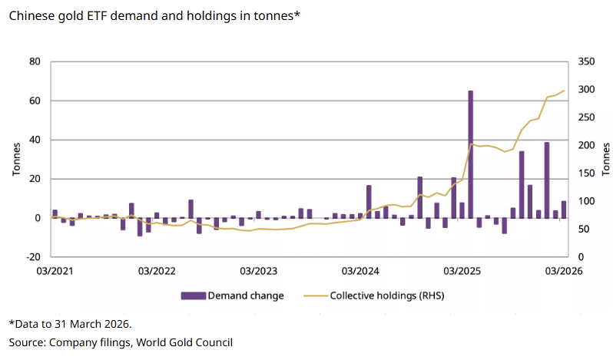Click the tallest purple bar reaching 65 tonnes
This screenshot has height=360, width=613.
(x=470, y=154)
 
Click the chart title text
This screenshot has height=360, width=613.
(x=154, y=16)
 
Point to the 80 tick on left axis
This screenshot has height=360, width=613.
(x=35, y=62)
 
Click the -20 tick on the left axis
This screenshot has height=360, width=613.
(x=33, y=257)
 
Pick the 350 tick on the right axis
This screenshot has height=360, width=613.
(x=585, y=62)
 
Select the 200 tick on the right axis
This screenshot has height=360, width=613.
(x=585, y=146)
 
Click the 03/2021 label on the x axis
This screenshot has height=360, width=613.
(x=52, y=271)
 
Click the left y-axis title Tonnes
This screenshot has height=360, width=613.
(x=16, y=159)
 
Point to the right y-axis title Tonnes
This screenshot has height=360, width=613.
(x=605, y=159)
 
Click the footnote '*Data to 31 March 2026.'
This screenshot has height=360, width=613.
(x=65, y=324)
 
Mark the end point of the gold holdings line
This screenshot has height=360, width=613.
(x=564, y=91)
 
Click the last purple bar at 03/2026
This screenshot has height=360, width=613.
(x=564, y=210)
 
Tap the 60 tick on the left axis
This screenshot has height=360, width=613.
(x=35, y=101)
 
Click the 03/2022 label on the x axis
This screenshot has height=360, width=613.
(x=154, y=271)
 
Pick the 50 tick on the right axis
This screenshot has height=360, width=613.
(x=583, y=230)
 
